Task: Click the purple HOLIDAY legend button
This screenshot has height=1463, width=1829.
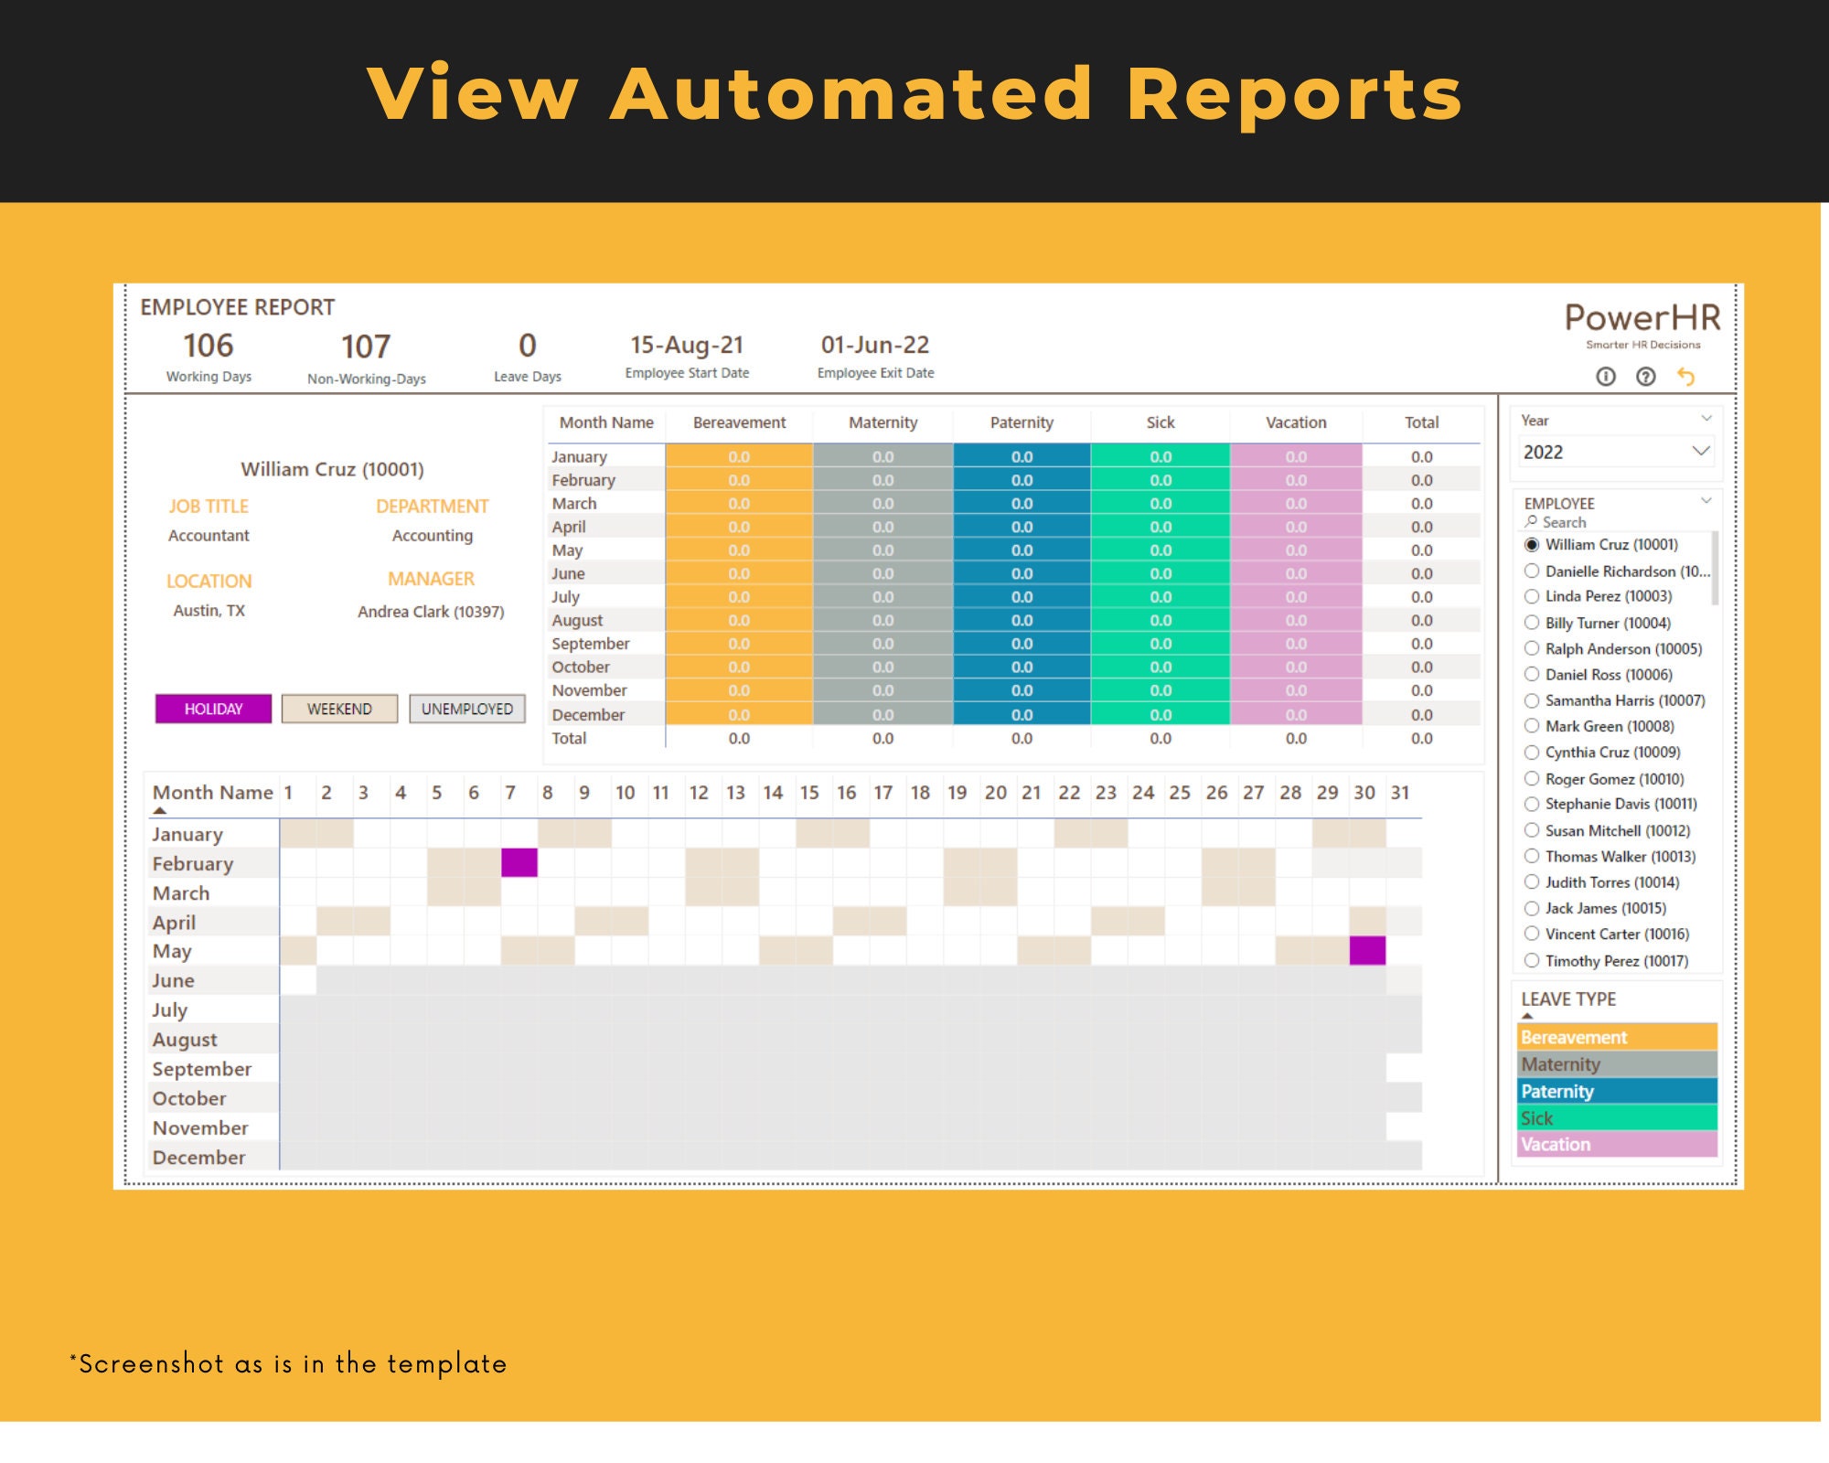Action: [213, 709]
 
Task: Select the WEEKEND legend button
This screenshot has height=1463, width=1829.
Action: [339, 709]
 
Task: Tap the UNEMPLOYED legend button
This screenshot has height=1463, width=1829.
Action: [466, 709]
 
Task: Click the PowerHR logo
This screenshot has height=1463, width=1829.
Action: [1642, 321]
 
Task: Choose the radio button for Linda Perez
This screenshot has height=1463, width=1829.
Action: [1532, 596]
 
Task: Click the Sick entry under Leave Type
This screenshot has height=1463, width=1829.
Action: [1616, 1117]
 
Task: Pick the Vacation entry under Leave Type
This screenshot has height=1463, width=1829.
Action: [1616, 1144]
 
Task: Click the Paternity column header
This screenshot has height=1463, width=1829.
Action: [1021, 422]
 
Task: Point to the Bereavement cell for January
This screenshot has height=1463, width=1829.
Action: [739, 456]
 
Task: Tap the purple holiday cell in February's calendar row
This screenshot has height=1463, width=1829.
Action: [519, 862]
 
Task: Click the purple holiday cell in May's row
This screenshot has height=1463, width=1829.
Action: [1367, 951]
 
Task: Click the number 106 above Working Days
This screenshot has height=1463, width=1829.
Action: [209, 346]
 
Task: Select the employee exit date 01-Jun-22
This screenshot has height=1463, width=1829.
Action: [875, 345]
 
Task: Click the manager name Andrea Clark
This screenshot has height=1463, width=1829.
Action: [431, 612]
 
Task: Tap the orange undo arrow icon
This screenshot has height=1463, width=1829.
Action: [1686, 377]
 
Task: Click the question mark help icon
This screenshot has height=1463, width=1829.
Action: [1646, 377]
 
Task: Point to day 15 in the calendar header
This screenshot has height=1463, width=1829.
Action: [809, 793]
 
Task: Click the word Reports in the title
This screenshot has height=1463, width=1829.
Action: [1294, 94]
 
